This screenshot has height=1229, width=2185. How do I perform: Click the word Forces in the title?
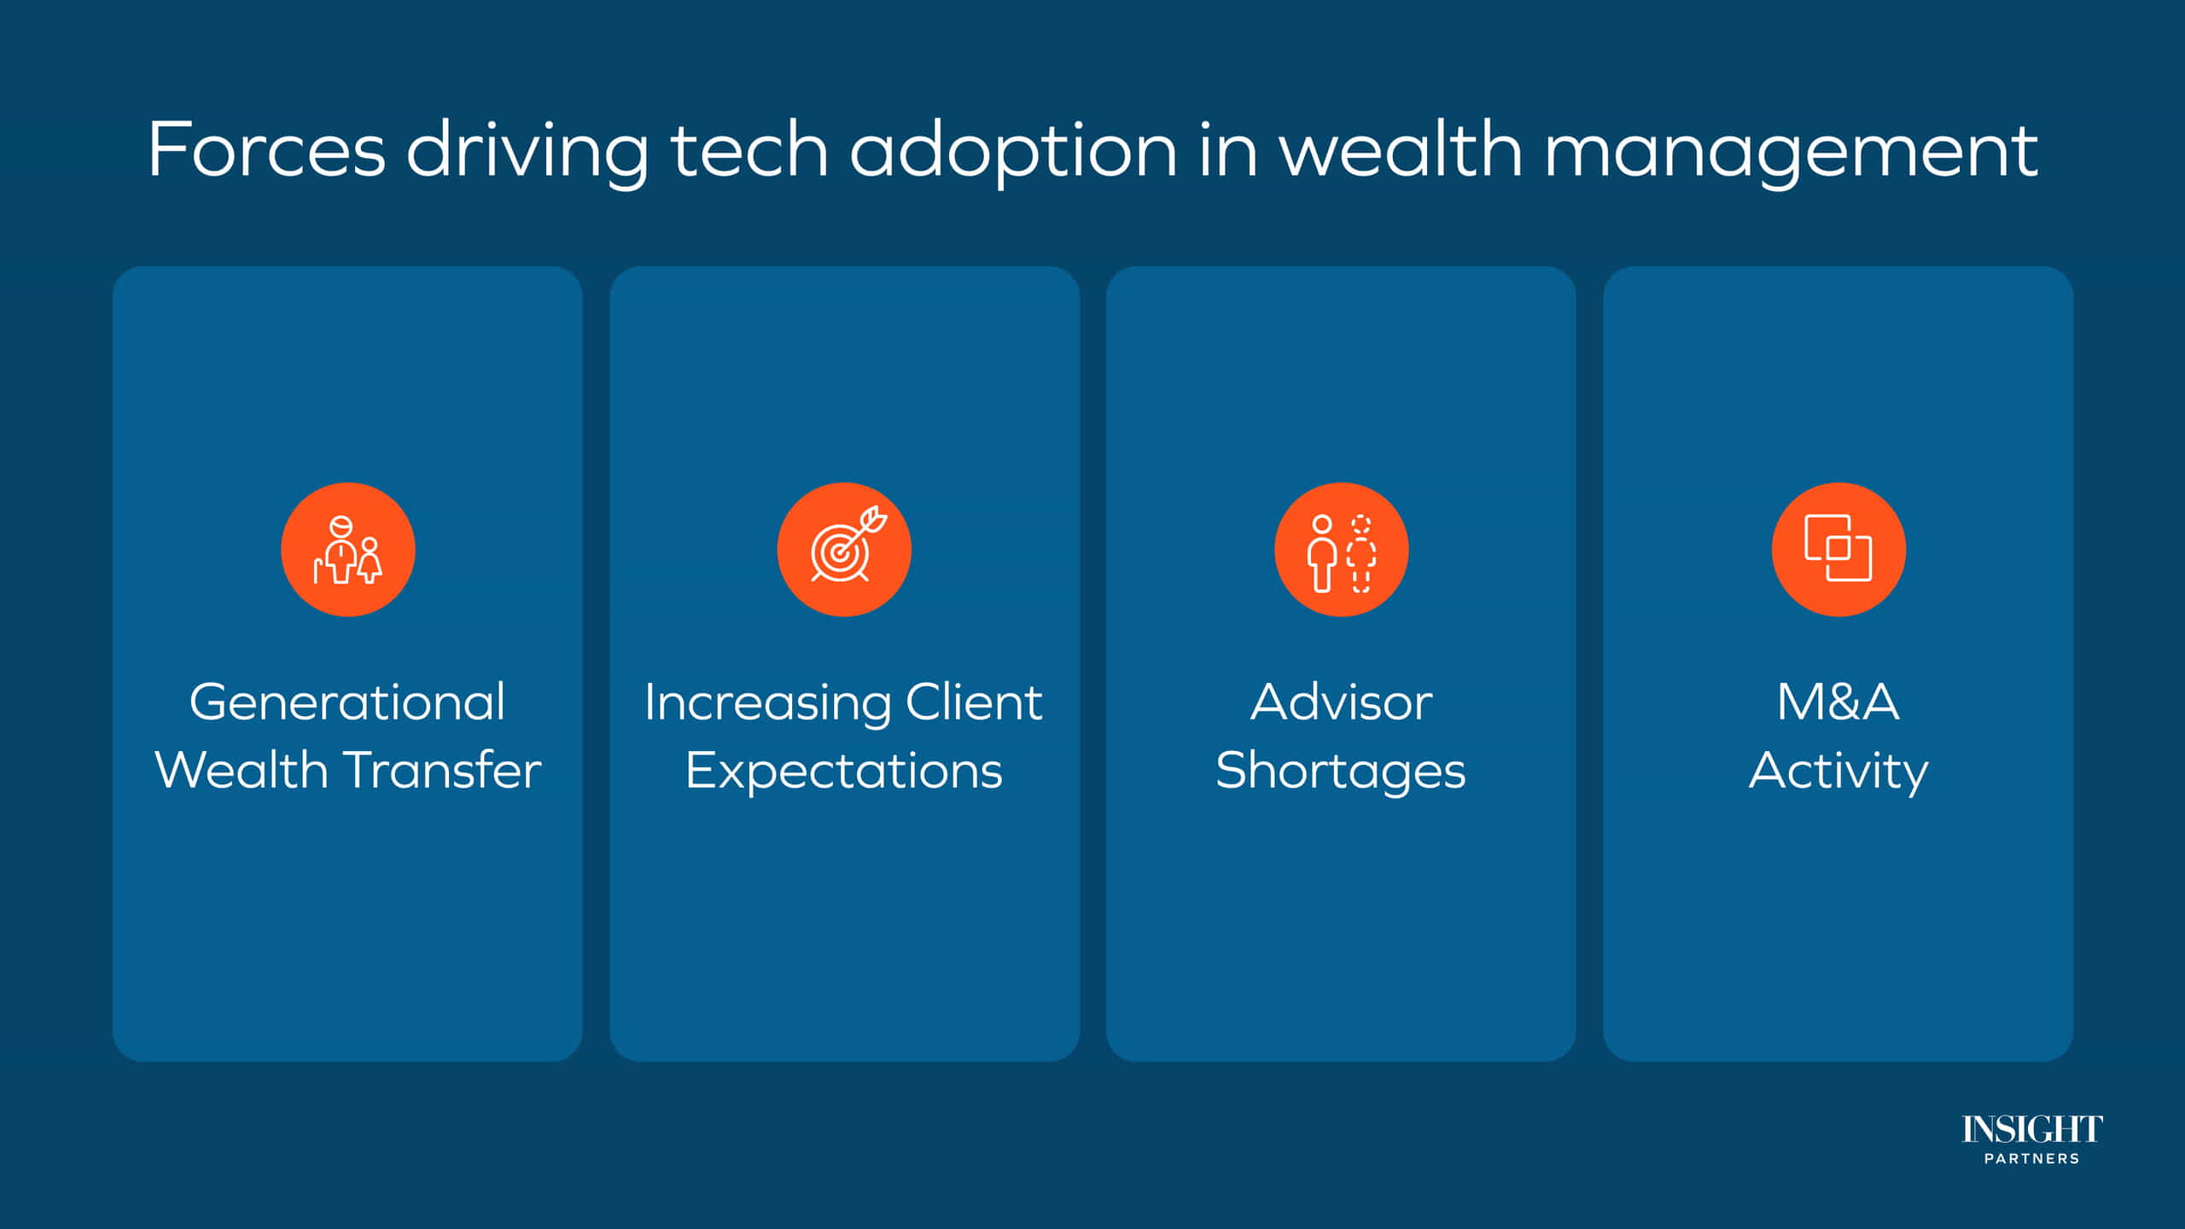pos(266,149)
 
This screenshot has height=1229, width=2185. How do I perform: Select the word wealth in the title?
pos(1400,149)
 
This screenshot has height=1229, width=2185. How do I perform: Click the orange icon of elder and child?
pos(348,550)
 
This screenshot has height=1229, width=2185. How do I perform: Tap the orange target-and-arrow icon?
pos(844,550)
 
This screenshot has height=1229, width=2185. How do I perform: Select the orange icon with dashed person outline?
pos(1341,550)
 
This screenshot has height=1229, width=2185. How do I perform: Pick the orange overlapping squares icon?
pos(1838,550)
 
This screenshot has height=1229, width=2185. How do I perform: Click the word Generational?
pos(347,702)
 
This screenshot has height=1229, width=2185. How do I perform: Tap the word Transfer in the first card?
pos(443,770)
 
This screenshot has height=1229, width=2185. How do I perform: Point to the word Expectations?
pos(844,772)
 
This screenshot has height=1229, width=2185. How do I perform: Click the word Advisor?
pos(1341,702)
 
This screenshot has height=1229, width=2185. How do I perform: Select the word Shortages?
pos(1341,772)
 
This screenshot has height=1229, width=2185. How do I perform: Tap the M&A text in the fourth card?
pos(1838,702)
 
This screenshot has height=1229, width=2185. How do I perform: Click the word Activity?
pos(1838,772)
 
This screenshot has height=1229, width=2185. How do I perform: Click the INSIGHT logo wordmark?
pos(2032,1129)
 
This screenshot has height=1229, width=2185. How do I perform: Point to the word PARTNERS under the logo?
pos(2032,1159)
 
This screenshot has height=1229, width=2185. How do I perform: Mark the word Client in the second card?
pos(974,702)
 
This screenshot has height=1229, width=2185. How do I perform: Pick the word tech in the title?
pos(749,149)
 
